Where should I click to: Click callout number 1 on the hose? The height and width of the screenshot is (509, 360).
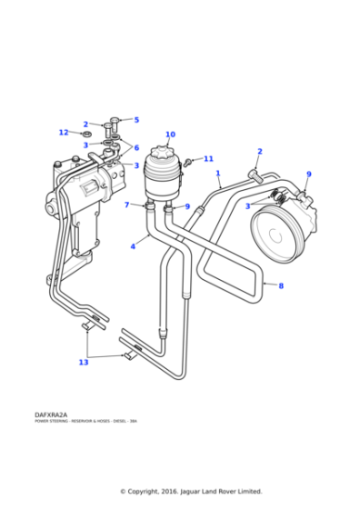[x=218, y=173]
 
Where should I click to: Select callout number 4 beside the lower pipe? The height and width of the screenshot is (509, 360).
[x=133, y=245]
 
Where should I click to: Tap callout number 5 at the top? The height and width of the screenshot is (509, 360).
[x=136, y=120]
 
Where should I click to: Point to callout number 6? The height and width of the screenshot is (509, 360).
[x=136, y=148]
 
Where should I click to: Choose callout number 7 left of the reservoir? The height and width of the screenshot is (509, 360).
[x=127, y=205]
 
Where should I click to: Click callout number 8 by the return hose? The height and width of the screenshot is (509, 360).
[x=281, y=286]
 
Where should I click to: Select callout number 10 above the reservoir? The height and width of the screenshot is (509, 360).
[x=170, y=135]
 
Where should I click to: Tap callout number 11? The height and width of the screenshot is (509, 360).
[x=208, y=159]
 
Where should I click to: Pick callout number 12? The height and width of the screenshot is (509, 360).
[x=64, y=133]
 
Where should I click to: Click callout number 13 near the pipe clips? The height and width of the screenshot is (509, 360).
[x=84, y=363]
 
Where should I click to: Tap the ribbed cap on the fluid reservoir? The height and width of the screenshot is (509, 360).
[x=170, y=152]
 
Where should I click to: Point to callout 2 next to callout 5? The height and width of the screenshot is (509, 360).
[x=85, y=125]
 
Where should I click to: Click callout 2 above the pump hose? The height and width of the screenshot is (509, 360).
[x=259, y=152]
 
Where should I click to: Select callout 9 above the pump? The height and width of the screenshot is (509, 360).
[x=308, y=175]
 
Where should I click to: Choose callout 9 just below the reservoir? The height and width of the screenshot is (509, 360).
[x=187, y=206]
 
